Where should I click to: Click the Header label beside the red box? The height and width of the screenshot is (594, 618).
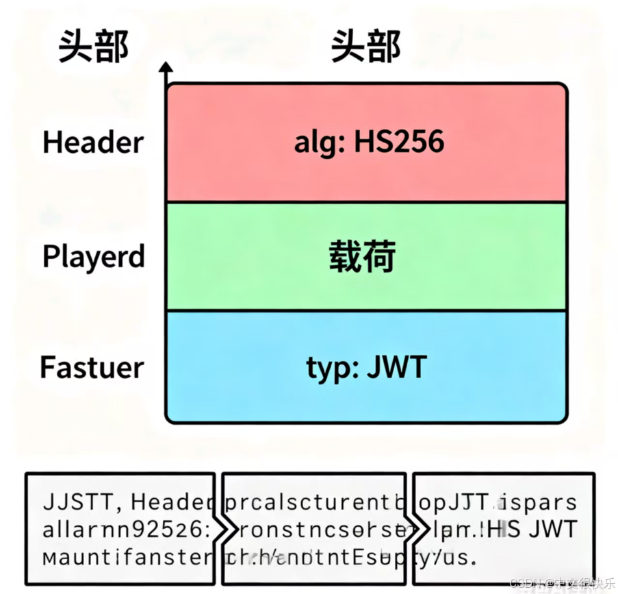coord(93,143)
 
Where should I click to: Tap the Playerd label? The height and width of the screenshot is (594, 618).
coord(94,257)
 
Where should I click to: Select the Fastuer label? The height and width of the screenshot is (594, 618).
coord(92,367)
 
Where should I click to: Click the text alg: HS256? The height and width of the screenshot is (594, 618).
coord(369,142)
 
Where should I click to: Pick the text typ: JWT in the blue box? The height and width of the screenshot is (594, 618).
coord(366,368)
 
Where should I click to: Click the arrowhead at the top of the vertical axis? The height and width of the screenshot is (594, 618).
coord(166,68)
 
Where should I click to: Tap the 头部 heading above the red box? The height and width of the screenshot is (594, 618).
coord(365,48)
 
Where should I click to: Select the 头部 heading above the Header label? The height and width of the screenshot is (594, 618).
coord(93,48)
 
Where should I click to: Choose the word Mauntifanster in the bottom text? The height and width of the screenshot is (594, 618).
coord(127,557)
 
